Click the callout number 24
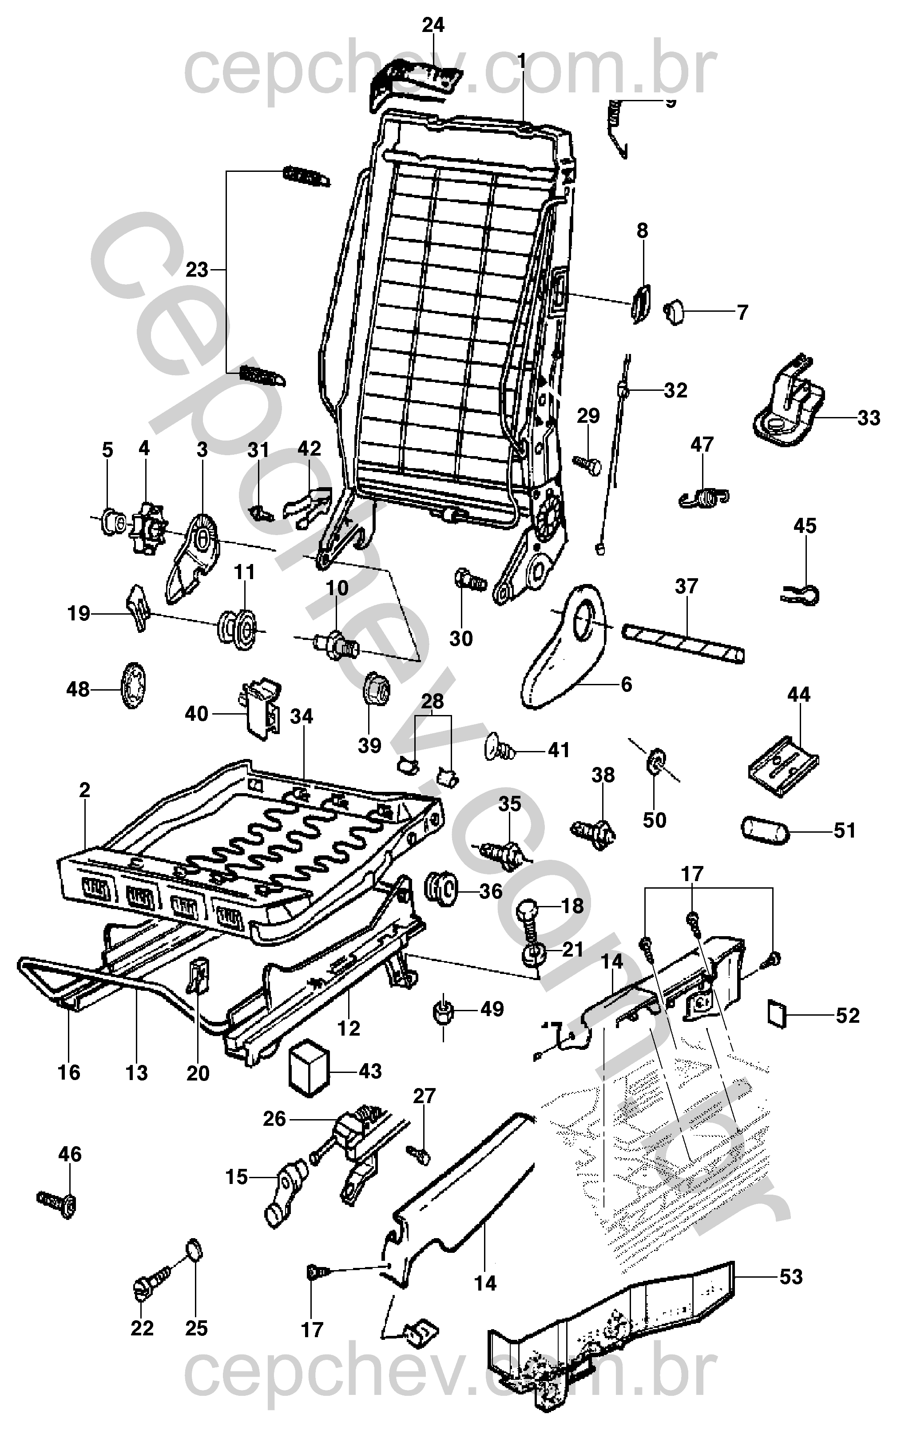point(433,25)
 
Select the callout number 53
point(791,1276)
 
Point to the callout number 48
point(78,689)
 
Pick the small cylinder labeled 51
point(765,830)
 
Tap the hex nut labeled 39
point(375,689)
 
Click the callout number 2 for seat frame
point(84,790)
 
